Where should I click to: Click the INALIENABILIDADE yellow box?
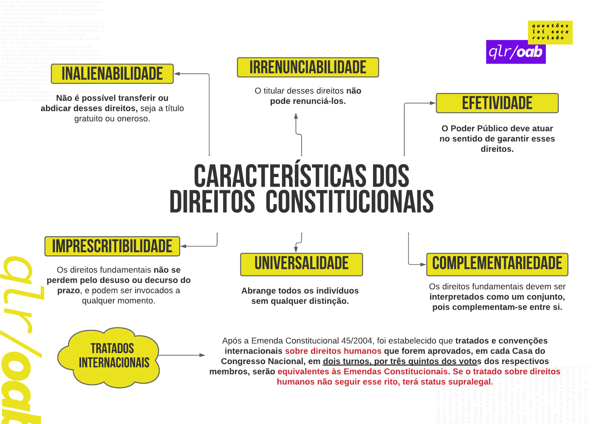[112, 74]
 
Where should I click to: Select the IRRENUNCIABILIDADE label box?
[308, 67]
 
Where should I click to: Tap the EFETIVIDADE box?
[497, 103]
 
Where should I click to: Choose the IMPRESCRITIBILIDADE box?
[112, 246]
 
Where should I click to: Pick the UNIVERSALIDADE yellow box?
[301, 264]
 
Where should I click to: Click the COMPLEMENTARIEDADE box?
[497, 264]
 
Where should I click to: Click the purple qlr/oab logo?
[516, 52]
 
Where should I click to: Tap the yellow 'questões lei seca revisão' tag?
[550, 32]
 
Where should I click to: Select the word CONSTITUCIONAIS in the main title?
[349, 202]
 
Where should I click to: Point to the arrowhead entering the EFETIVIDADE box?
[432, 103]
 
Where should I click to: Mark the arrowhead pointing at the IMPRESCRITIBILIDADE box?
[184, 246]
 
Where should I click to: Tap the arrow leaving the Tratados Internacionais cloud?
[182, 355]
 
